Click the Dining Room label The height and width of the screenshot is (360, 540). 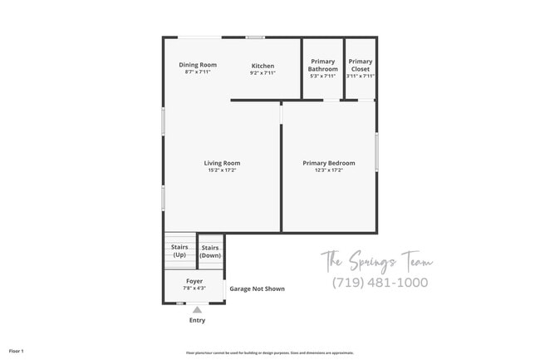tap(198, 65)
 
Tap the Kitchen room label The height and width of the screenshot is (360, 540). tap(263, 65)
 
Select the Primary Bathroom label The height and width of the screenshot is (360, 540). tap(323, 65)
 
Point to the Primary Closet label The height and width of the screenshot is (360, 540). tap(361, 65)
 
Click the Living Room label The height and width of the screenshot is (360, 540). tap(222, 163)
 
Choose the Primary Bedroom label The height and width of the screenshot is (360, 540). tap(329, 163)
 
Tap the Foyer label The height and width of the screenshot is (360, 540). tap(194, 281)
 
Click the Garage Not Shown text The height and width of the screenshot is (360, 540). tap(257, 289)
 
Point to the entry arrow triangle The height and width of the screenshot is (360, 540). tap(197, 309)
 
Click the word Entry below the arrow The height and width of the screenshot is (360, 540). tap(197, 320)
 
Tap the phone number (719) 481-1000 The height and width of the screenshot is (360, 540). tap(380, 283)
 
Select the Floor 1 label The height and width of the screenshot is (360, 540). tap(17, 351)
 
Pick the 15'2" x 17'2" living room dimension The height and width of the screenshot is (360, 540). tap(222, 170)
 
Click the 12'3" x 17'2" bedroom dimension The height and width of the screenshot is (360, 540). tap(329, 170)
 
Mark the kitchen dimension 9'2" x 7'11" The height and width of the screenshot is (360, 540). tap(263, 73)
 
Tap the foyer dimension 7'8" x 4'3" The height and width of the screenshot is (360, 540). tap(194, 288)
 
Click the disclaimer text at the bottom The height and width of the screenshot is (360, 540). tap(269, 353)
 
